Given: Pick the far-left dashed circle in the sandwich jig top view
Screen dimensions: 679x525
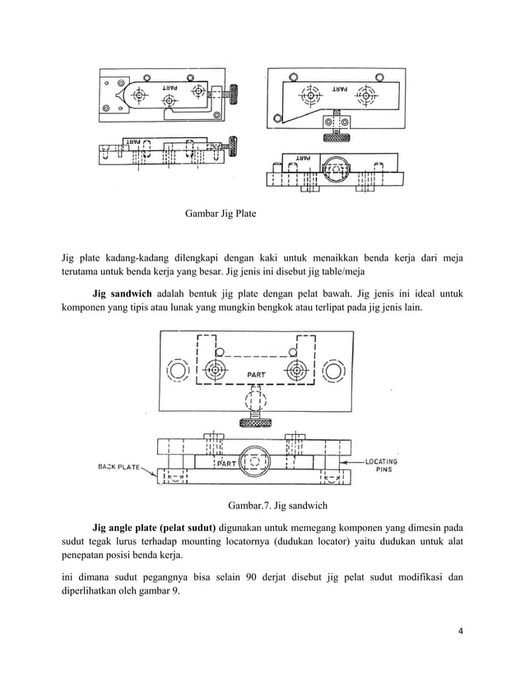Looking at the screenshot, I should tap(178, 371).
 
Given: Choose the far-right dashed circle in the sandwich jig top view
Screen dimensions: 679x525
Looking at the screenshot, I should tap(333, 371).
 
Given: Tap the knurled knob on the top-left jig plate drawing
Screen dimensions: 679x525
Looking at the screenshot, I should tap(233, 96).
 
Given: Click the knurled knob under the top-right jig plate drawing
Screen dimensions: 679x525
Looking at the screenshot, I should tap(337, 132).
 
